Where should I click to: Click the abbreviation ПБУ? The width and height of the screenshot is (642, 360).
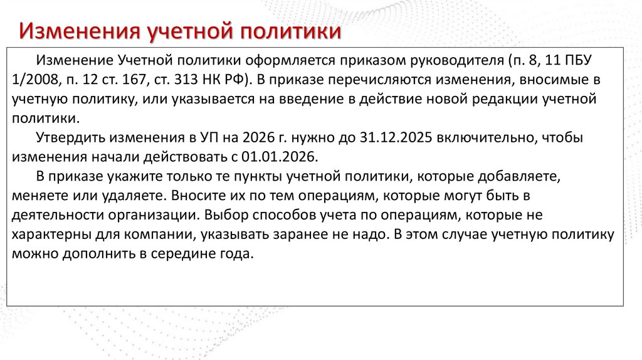(575, 60)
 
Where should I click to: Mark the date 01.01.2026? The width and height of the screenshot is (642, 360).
(284, 157)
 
